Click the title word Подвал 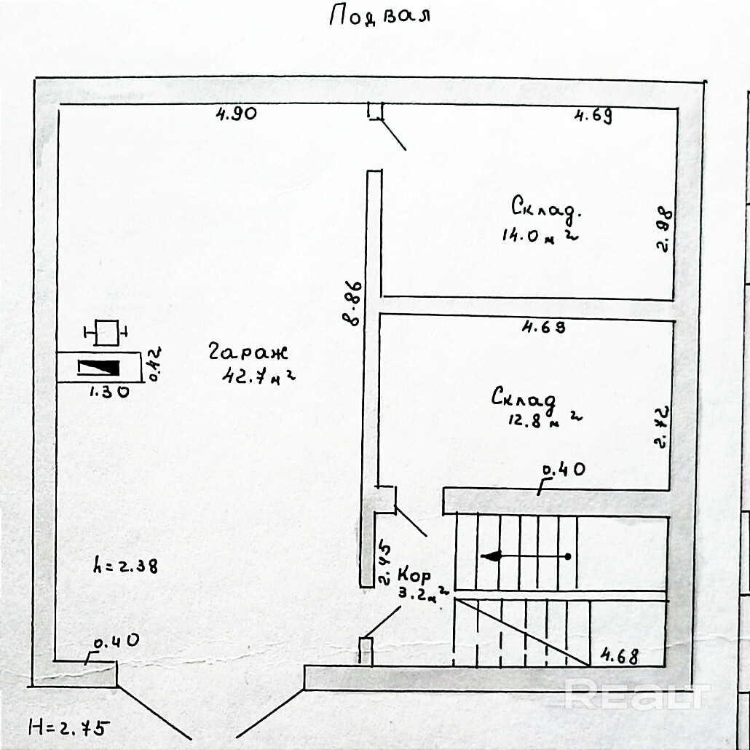pos(379,15)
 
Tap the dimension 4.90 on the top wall pos(236,114)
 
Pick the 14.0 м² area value pos(540,235)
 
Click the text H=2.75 pos(68,726)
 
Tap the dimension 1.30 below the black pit pos(109,392)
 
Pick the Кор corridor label pos(414,575)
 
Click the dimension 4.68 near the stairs pos(619,656)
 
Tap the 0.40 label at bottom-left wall pos(117,642)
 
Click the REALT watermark pos(636,694)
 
